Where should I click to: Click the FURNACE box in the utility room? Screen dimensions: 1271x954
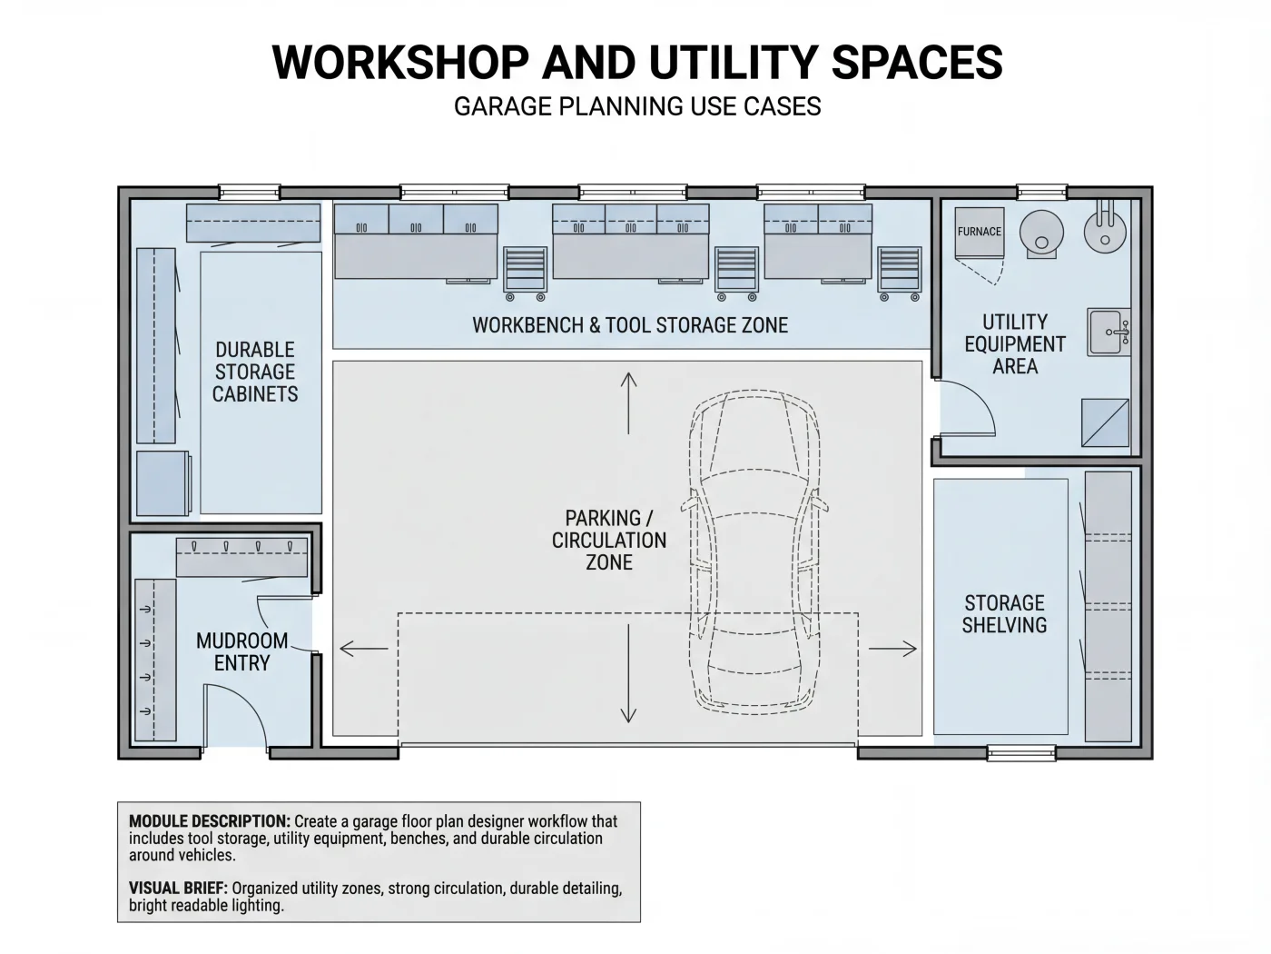pos(980,233)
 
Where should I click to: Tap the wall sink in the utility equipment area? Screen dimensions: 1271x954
pos(1108,332)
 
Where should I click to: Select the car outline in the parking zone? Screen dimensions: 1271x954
pos(754,552)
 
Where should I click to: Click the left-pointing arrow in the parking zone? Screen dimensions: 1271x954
pos(364,649)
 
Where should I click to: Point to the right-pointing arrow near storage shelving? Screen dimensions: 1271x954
pos(892,649)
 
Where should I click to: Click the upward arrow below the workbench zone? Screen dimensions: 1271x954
pos(628,403)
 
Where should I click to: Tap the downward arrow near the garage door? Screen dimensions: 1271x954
pos(628,673)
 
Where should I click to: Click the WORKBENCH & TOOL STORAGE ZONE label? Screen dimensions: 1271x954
pos(630,325)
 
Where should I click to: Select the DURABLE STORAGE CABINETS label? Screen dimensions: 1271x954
pos(255,372)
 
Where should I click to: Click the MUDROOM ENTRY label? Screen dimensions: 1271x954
pos(242,651)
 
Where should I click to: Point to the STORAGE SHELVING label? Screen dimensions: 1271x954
pos(1005,614)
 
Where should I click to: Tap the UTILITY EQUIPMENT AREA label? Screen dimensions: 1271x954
pos(1014,344)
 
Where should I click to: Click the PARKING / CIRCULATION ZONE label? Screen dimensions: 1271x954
pos(609,540)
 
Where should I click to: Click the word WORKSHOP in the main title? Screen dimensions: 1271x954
pos(400,62)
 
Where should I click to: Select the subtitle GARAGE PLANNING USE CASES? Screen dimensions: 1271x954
pos(637,106)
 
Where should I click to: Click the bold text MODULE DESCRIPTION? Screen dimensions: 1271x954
pos(210,821)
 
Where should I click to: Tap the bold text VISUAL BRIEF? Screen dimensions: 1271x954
pos(178,889)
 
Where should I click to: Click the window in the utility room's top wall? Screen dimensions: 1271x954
pos(1041,192)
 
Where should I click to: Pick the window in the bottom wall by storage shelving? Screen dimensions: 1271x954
pos(1021,753)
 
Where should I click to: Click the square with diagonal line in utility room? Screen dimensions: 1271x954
pos(1105,422)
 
